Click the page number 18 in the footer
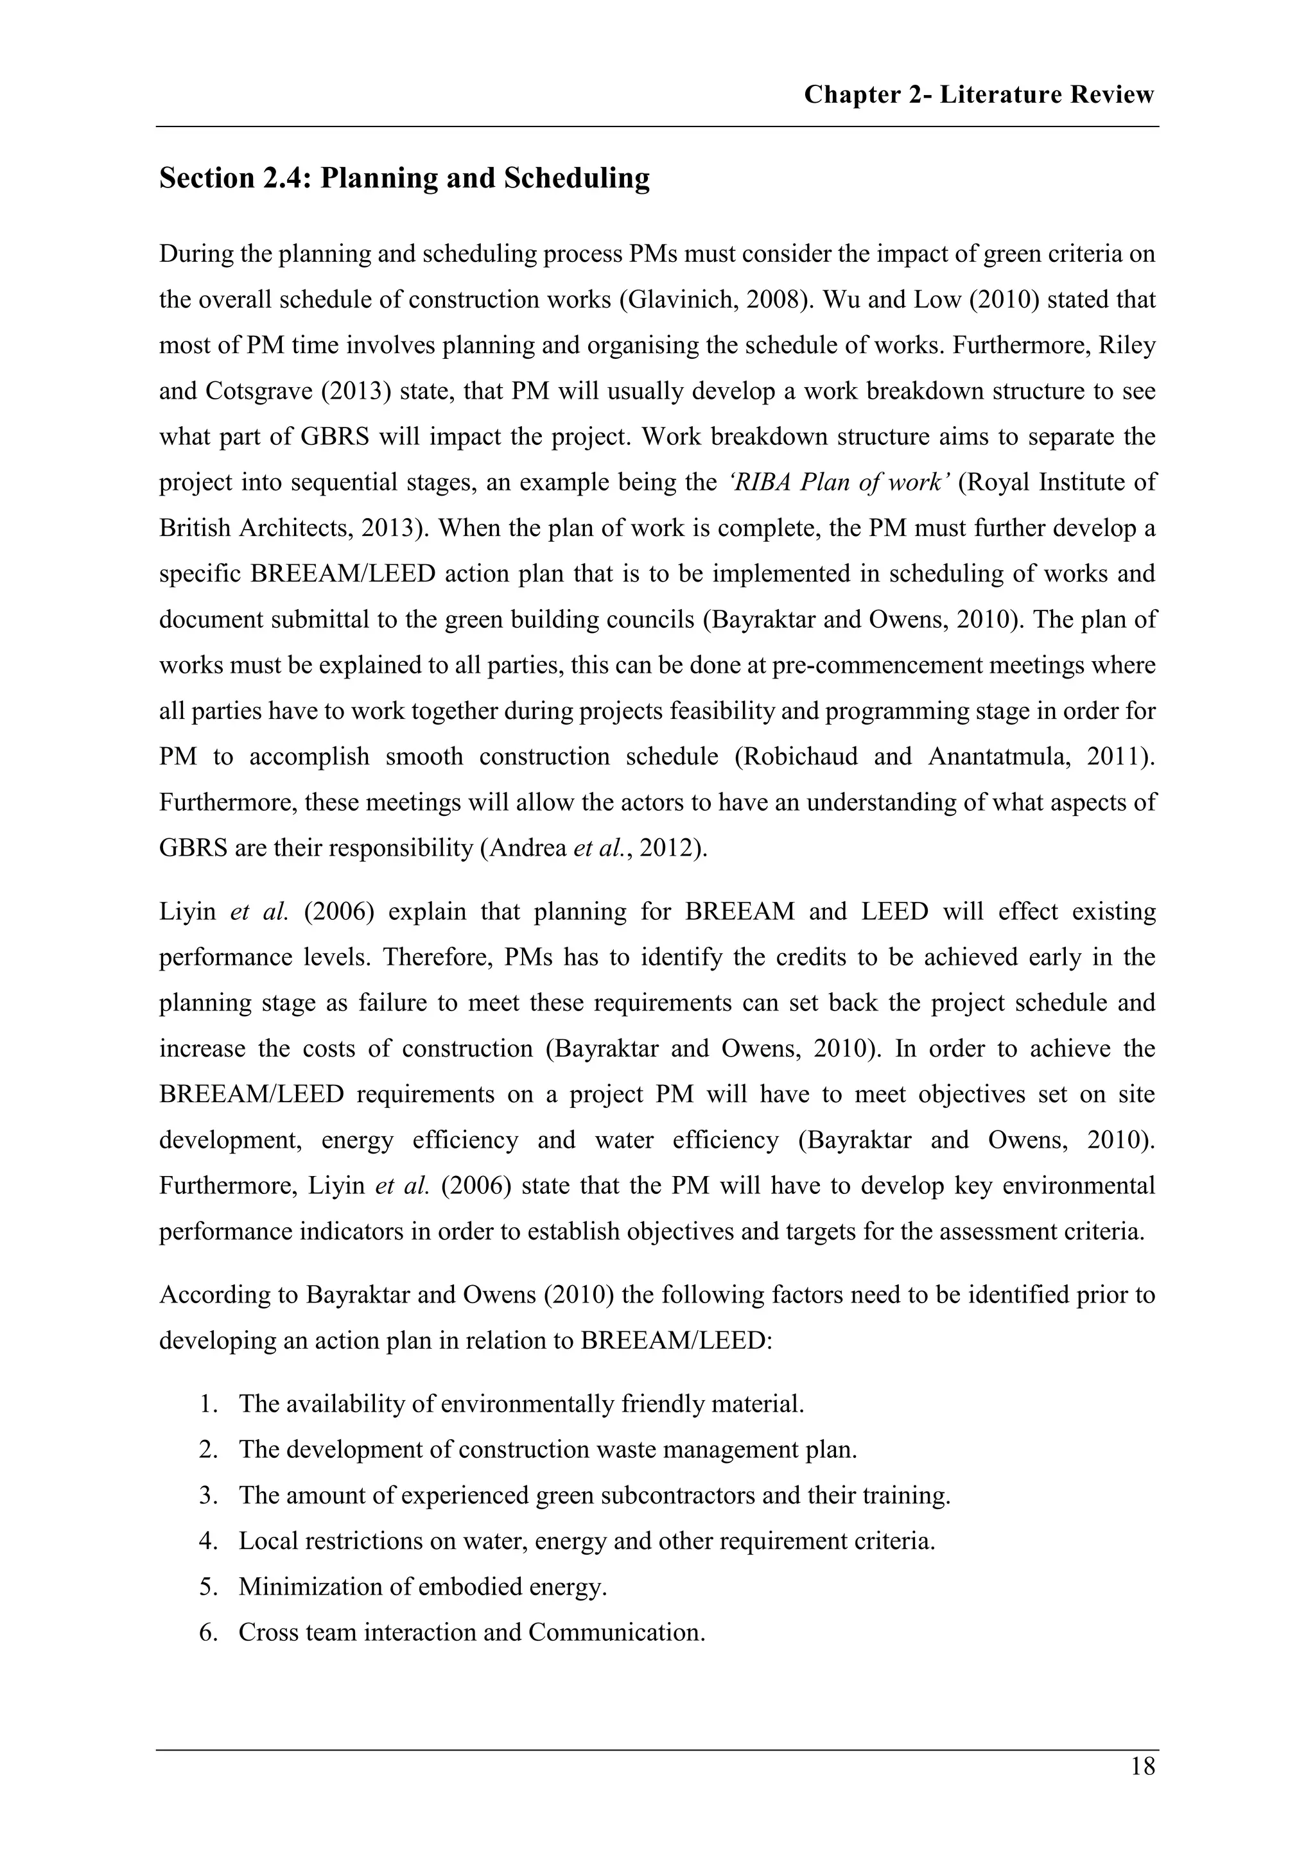coord(1142,1766)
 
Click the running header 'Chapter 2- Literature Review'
coord(978,95)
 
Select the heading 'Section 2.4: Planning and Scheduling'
coord(404,178)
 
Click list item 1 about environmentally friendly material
coord(521,1403)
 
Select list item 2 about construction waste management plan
coord(547,1449)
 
